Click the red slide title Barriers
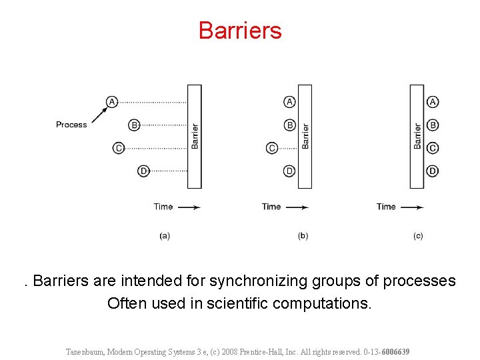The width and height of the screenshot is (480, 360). (240, 31)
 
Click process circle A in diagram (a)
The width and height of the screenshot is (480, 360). (112, 101)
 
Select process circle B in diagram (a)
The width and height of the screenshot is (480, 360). (134, 125)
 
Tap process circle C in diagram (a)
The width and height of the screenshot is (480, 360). (119, 148)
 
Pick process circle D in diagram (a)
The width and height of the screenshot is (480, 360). (143, 171)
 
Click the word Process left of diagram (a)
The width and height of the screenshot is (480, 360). (71, 125)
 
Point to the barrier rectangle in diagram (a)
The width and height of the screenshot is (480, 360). (194, 136)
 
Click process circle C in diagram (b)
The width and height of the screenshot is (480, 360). (272, 148)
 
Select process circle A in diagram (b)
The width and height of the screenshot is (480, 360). (290, 101)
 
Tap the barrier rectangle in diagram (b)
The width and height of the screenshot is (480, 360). (305, 136)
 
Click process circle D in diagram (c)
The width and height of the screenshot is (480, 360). (433, 171)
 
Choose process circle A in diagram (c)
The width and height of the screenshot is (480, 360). (433, 101)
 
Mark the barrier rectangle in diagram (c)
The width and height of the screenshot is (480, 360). (417, 136)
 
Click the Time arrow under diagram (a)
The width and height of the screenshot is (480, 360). (189, 207)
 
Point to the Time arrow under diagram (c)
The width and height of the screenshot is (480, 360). (411, 207)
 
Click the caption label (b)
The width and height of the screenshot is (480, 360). (303, 235)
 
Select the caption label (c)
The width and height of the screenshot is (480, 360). (417, 235)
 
